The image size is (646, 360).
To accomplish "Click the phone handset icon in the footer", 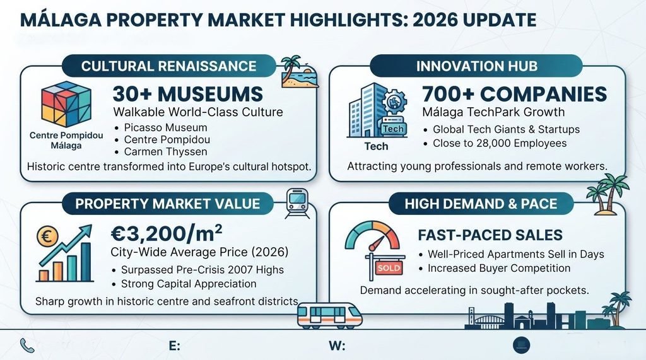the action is [x=27, y=345].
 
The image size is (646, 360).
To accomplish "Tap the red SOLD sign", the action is [x=389, y=268].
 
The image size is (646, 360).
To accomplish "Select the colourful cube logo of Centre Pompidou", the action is [x=66, y=104].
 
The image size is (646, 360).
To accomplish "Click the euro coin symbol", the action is [x=47, y=237].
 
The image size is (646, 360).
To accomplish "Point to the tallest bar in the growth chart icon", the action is [x=86, y=262].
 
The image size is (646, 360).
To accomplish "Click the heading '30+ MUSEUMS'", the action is [x=188, y=94].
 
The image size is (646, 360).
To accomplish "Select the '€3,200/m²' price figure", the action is [x=167, y=233].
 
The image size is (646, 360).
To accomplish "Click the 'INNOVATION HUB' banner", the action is [x=476, y=66].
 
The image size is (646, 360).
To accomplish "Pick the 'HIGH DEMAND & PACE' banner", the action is [x=481, y=204].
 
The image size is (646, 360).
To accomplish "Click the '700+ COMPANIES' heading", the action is [x=515, y=94].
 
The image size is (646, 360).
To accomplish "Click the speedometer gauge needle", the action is [x=377, y=243].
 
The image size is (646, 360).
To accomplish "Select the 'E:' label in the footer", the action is [x=175, y=345].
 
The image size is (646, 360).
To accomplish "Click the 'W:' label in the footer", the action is [x=337, y=345].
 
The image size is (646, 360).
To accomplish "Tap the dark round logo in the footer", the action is [x=522, y=345].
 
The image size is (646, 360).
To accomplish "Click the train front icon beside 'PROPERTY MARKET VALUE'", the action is [x=297, y=202].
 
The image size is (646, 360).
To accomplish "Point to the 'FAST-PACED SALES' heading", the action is [x=490, y=235].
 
